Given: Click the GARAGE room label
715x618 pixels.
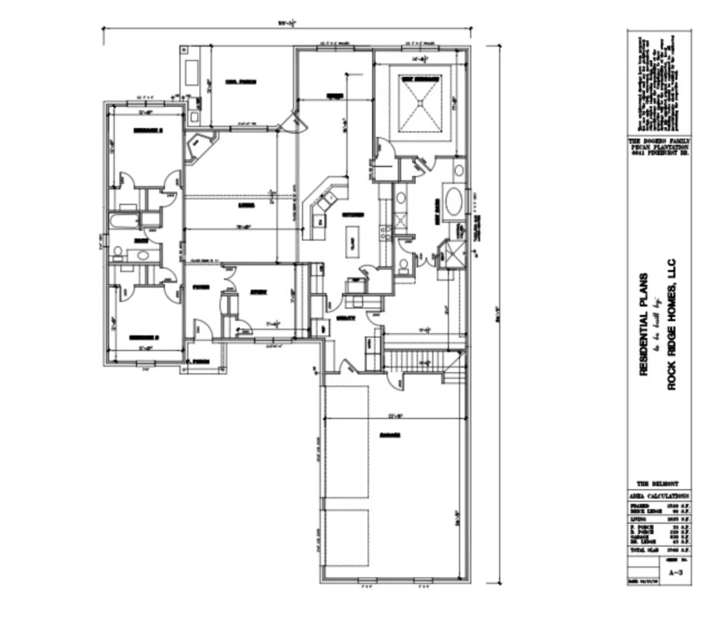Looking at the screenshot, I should point(390,435).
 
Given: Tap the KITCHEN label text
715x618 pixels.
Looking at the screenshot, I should point(353,215).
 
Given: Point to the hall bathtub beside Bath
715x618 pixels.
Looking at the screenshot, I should point(124,222).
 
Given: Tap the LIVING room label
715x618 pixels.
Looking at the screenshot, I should point(246,205).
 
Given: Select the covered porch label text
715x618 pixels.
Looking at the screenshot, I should point(241,82).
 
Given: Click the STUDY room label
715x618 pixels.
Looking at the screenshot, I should point(259,292).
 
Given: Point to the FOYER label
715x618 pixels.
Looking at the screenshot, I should point(200,287).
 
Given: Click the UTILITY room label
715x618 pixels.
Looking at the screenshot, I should point(345,318).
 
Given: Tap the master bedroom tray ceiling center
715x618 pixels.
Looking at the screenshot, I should point(421,103).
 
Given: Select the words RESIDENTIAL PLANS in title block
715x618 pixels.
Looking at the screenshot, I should point(643,324).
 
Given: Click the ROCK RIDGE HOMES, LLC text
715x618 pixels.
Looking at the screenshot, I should point(672,324).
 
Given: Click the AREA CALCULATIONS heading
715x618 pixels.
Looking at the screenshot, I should point(659,496).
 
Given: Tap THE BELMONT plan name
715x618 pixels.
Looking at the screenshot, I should point(657,484).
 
